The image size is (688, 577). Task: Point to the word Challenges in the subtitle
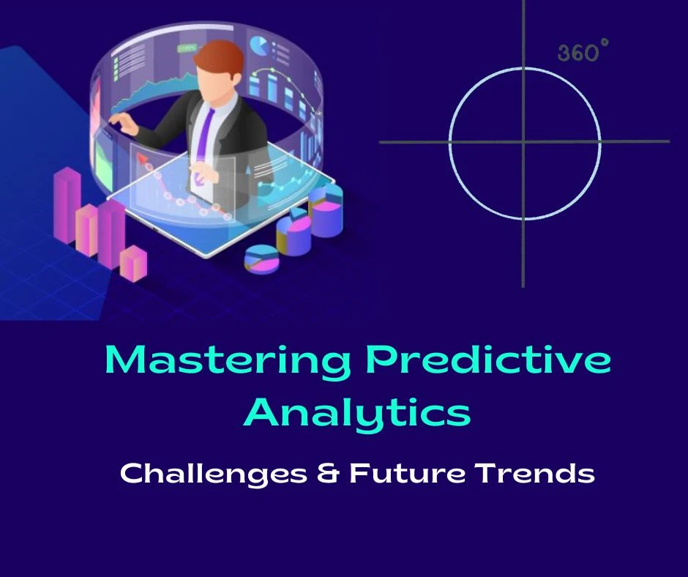213,474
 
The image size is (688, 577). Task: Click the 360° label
583,53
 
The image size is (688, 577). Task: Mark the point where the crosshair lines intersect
523,142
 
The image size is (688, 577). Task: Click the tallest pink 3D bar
67,204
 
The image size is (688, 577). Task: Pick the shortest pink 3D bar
134,264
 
